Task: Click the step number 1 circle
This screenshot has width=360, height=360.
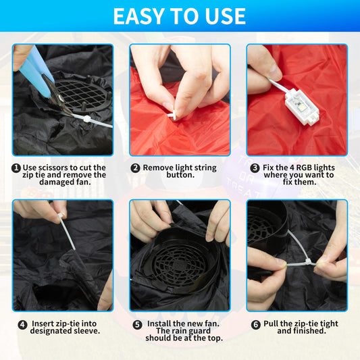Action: (16, 168)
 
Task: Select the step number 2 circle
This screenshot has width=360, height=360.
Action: (135, 168)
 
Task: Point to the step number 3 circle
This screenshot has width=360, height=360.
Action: (255, 168)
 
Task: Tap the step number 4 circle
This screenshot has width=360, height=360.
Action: (22, 325)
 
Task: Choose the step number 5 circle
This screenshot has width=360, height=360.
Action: (138, 325)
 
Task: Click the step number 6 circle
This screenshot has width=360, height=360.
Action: (256, 325)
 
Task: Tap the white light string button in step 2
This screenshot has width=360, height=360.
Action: (172, 115)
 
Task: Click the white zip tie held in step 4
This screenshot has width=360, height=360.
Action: (67, 231)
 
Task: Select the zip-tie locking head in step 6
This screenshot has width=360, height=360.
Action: (308, 262)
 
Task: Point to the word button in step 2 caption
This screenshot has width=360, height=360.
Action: (180, 175)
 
